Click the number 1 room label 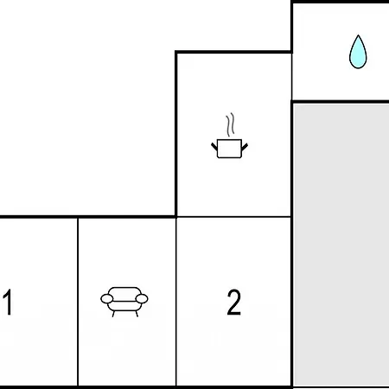(x=8, y=302)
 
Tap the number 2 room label (x=233, y=302)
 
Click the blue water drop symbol (x=358, y=52)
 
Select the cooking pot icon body (x=229, y=149)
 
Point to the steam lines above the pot (x=230, y=124)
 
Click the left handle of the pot (x=214, y=146)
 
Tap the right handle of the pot (x=245, y=147)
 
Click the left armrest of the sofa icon (x=106, y=299)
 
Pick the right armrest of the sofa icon (x=142, y=299)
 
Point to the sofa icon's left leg (x=113, y=314)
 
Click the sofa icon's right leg (x=137, y=314)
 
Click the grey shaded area (x=341, y=245)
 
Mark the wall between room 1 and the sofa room (x=78, y=302)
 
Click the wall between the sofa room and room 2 (x=176, y=302)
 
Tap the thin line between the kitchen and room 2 (x=233, y=216)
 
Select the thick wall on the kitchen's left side (x=176, y=133)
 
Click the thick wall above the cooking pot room (x=233, y=52)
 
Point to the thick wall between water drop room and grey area (x=341, y=101)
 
